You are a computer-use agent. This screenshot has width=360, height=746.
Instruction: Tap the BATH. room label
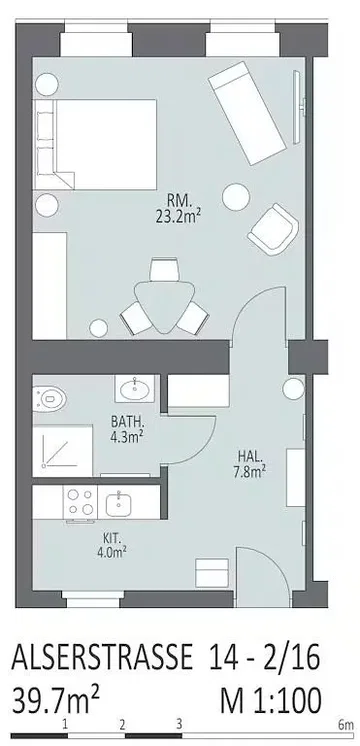click(x=126, y=421)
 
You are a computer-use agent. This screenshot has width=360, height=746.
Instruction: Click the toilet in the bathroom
click(x=50, y=396)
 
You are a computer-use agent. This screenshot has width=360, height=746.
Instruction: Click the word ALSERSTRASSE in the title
click(x=101, y=657)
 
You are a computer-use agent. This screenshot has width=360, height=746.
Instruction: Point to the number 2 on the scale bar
click(x=122, y=723)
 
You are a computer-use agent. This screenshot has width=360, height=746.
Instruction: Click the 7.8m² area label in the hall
click(x=249, y=470)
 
